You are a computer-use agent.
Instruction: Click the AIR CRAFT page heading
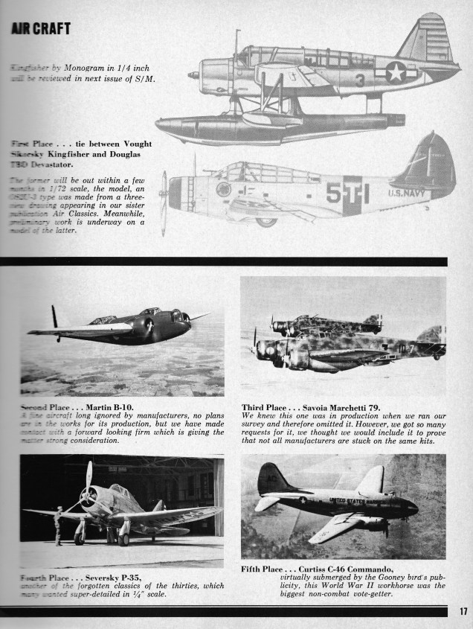click(41, 29)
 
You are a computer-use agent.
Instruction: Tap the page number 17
click(462, 612)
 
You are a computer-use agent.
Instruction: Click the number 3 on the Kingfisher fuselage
click(359, 80)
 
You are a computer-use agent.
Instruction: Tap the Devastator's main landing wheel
click(266, 221)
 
